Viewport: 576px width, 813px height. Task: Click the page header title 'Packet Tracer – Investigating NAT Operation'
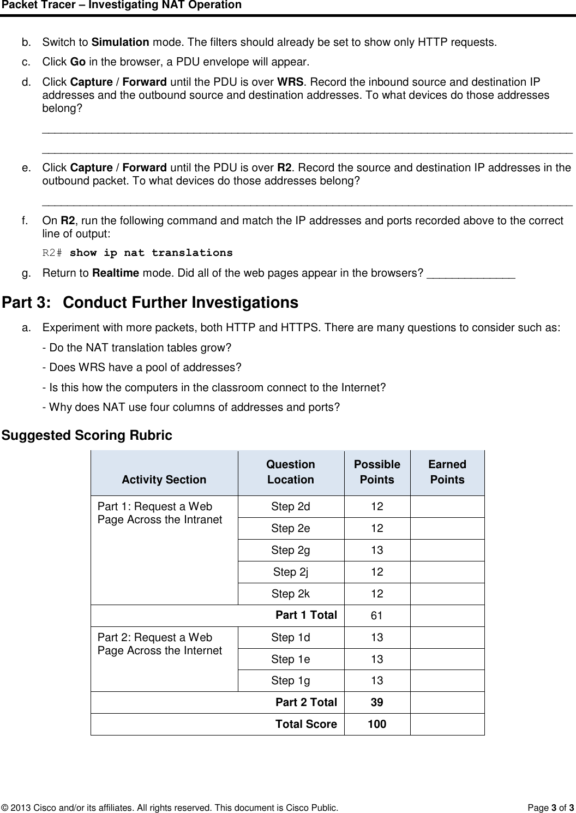[121, 5]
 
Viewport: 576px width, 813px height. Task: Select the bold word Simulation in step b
[121, 42]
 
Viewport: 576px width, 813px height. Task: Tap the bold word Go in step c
[77, 60]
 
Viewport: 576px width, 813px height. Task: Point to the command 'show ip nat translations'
[151, 253]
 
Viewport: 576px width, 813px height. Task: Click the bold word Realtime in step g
[115, 273]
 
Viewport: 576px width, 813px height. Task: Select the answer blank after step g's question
[471, 273]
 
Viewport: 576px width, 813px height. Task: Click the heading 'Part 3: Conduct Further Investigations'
[151, 303]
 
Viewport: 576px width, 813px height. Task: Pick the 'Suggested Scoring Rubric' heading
[87, 435]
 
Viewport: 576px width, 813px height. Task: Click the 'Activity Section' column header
[164, 480]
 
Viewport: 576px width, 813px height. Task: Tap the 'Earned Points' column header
[447, 472]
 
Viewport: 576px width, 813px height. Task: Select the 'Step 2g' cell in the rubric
[291, 550]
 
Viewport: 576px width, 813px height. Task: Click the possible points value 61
[377, 616]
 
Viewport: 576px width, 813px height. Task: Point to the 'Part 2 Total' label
[306, 702]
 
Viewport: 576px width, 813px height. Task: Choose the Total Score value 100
[377, 724]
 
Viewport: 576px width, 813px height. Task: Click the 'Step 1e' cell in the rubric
[291, 659]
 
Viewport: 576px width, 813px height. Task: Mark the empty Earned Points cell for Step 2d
[447, 506]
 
